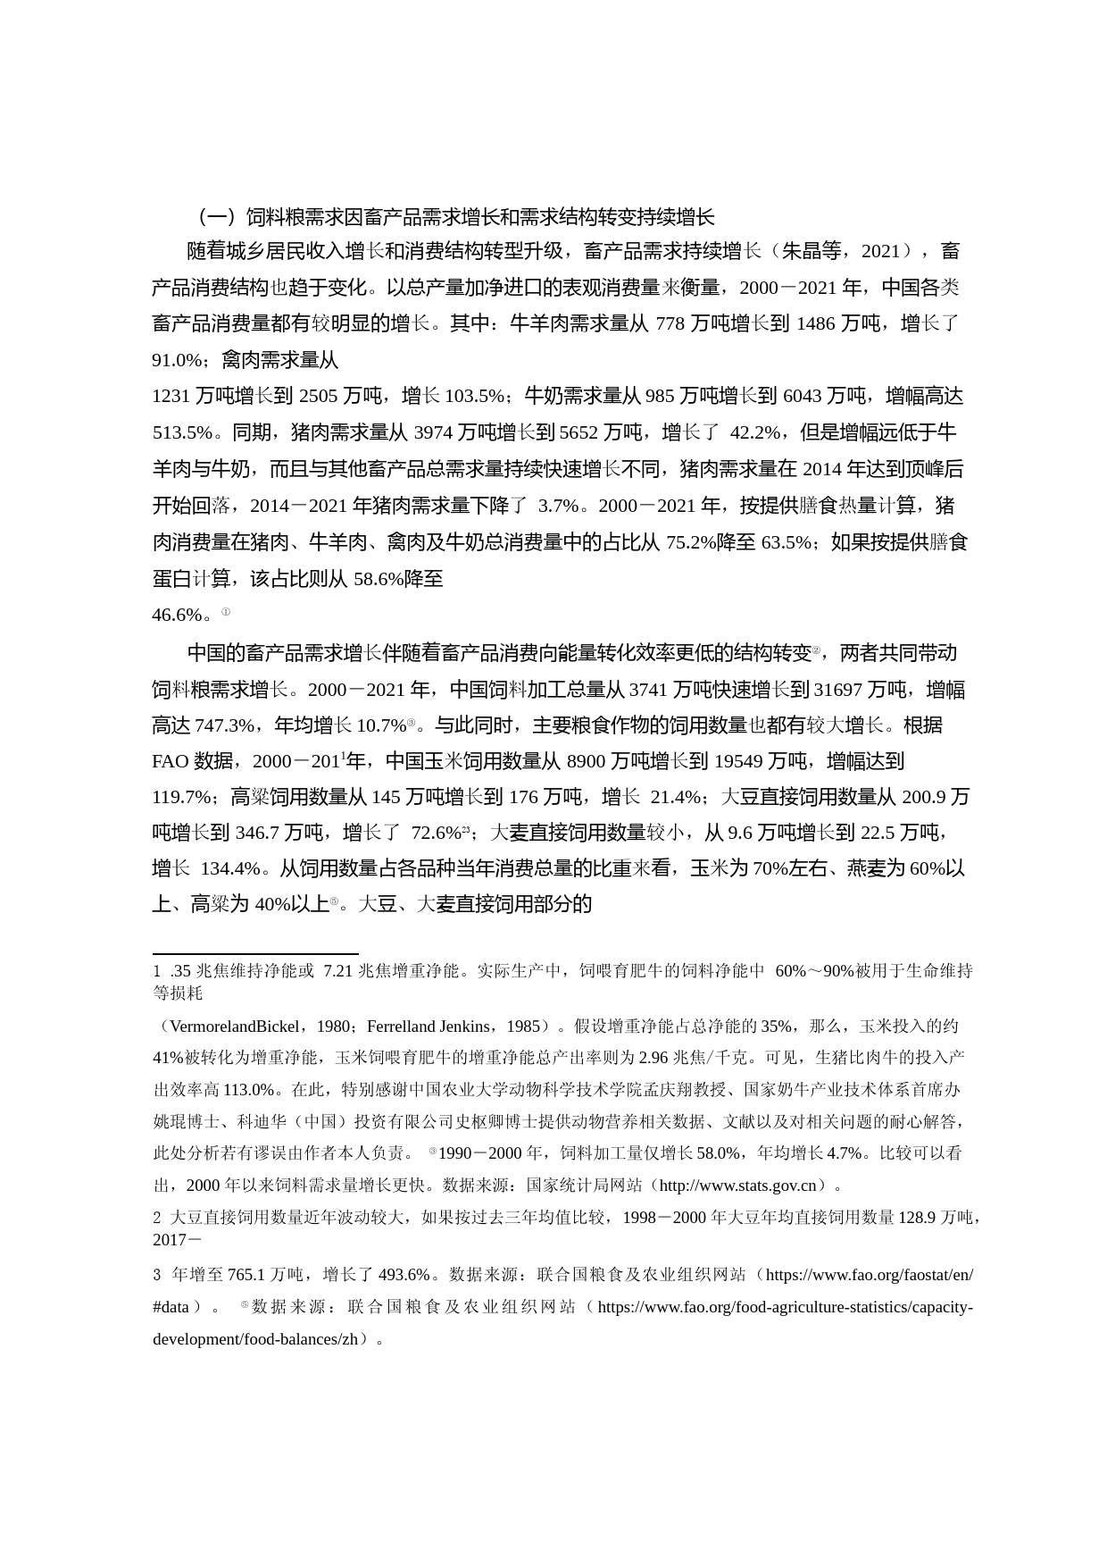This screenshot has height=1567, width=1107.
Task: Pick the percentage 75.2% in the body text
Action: click(690, 542)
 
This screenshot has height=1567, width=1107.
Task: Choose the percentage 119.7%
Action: click(182, 797)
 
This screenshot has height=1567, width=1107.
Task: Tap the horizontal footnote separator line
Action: click(255, 954)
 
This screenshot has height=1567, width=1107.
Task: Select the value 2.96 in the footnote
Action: click(653, 1058)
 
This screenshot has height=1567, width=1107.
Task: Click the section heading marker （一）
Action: click(214, 217)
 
